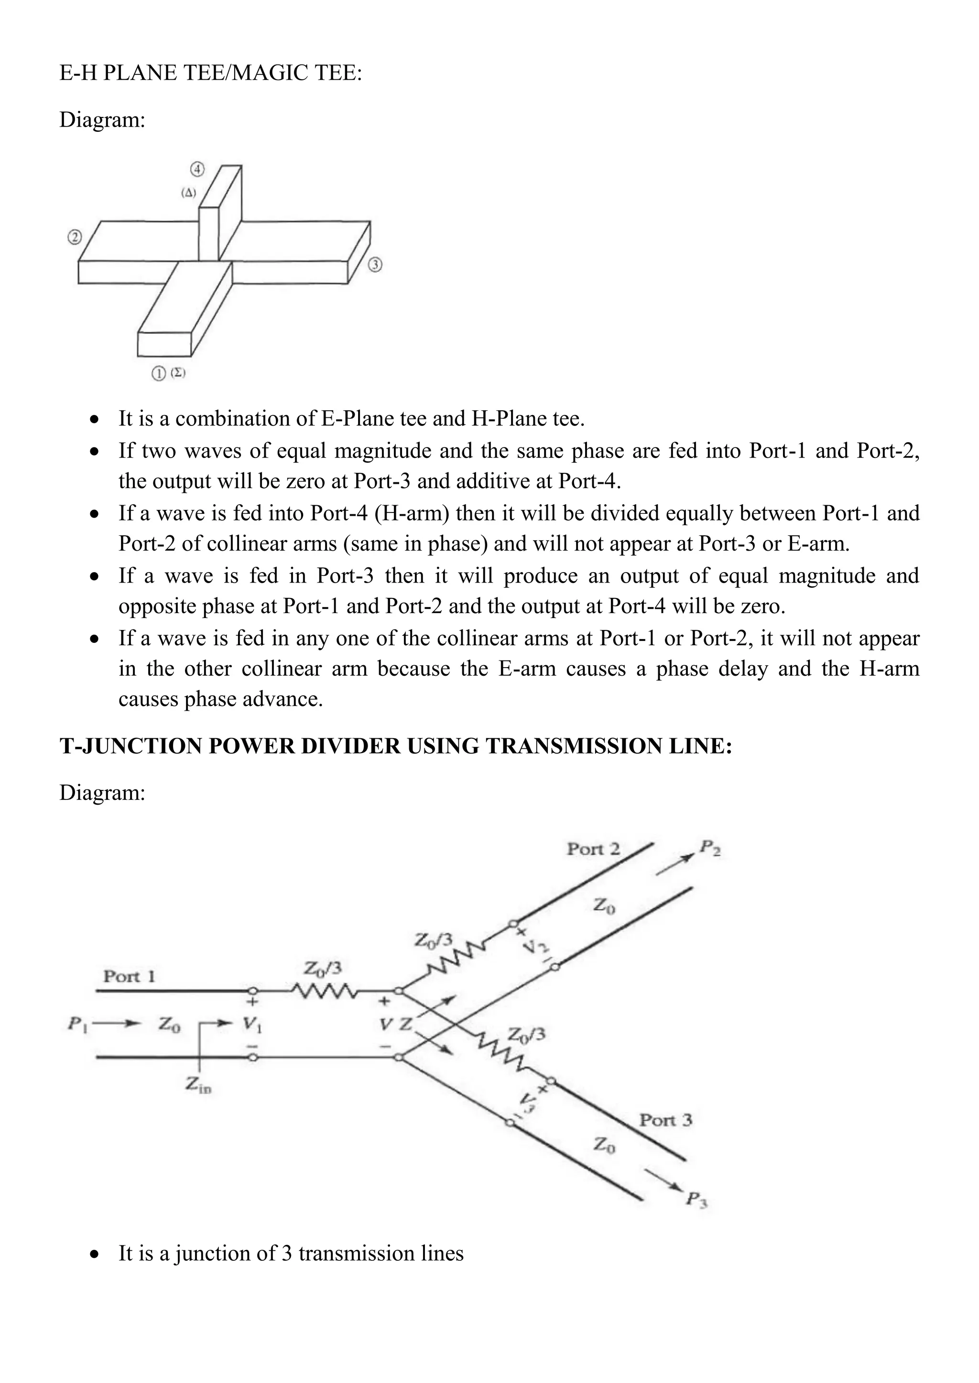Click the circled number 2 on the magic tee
click(74, 237)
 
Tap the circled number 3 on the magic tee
click(375, 265)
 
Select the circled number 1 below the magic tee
click(159, 373)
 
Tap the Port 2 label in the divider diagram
click(593, 849)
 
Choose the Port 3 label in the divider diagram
click(665, 1120)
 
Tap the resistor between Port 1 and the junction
click(323, 990)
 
